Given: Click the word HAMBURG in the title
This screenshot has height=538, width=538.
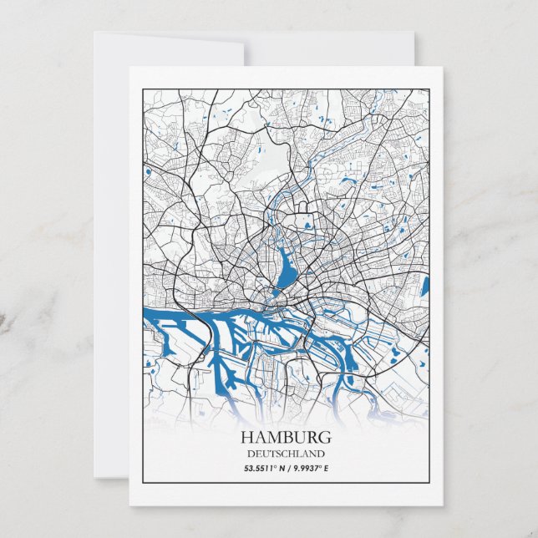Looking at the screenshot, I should coord(286,437).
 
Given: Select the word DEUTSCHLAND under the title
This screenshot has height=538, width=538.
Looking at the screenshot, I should coord(286,454).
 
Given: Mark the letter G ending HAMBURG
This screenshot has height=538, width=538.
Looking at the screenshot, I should coord(325,437).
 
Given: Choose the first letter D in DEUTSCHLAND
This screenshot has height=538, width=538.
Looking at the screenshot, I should coord(249,454).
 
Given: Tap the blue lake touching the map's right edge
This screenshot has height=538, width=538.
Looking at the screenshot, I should coord(424,287).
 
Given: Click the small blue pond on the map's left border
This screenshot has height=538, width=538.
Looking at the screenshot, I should coord(147,173).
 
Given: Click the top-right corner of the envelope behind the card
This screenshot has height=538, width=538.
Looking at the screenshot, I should coord(414,33).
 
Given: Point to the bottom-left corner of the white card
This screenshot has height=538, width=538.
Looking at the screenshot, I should coord(129,505).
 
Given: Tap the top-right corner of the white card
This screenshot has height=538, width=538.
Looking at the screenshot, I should coord(443,67).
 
